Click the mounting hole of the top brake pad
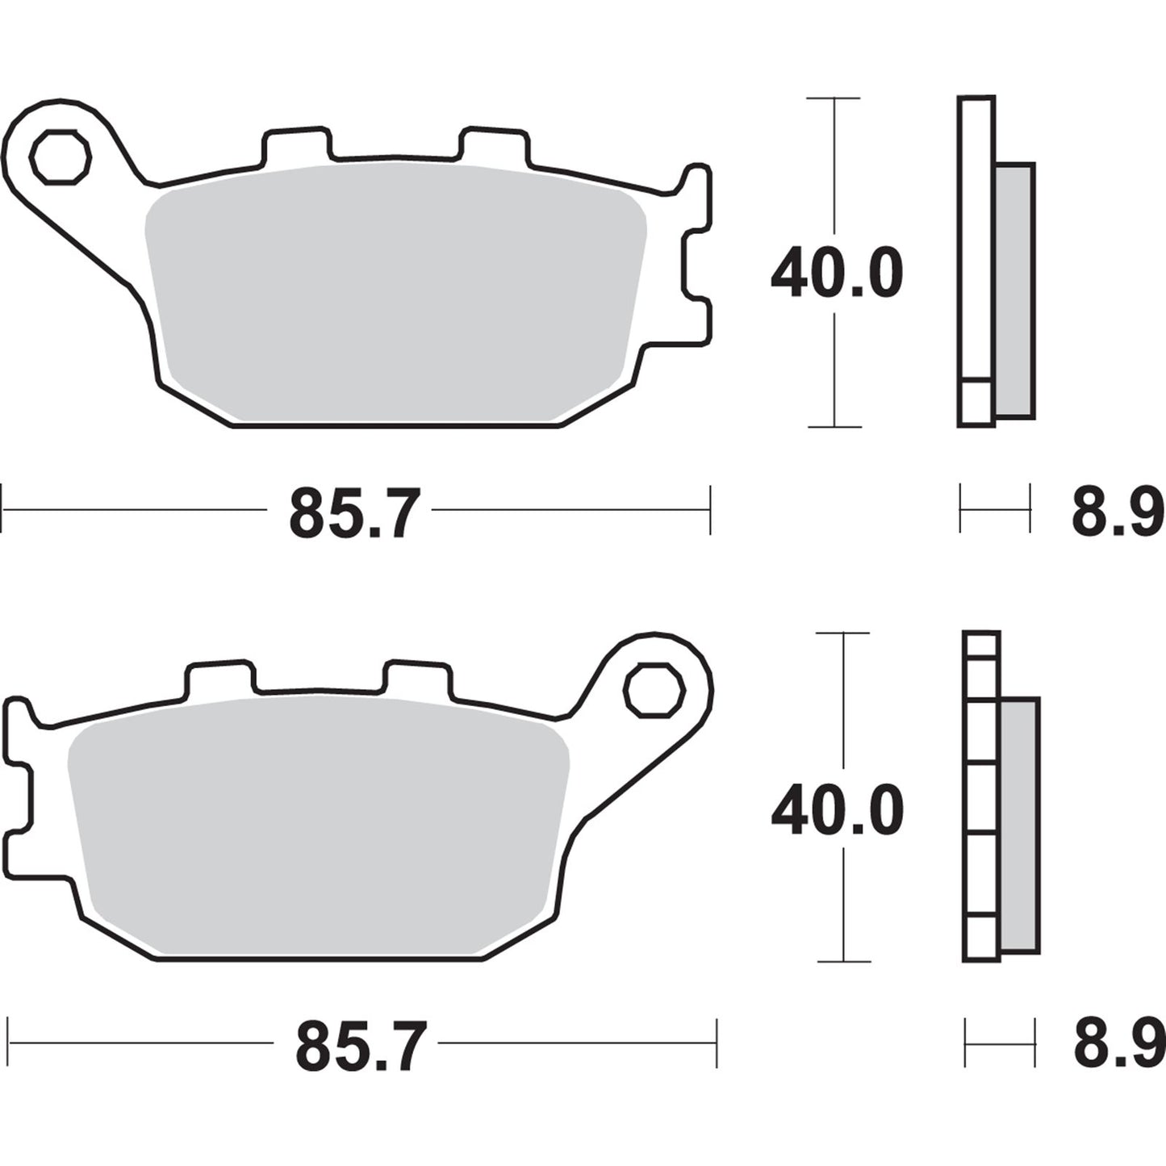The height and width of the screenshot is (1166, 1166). pyautogui.click(x=59, y=156)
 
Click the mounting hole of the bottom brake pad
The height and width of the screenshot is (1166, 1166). pyautogui.click(x=655, y=690)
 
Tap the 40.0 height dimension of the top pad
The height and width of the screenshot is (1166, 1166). pyautogui.click(x=836, y=274)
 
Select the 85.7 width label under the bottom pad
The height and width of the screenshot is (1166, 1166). pyautogui.click(x=360, y=1047)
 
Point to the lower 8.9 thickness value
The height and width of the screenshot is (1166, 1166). pyautogui.click(x=1118, y=1046)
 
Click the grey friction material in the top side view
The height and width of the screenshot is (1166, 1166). pyautogui.click(x=1014, y=290)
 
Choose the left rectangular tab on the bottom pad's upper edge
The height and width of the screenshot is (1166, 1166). pyautogui.click(x=219, y=678)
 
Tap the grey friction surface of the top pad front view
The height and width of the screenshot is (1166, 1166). pyautogui.click(x=395, y=290)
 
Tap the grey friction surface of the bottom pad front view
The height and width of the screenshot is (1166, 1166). pyautogui.click(x=320, y=823)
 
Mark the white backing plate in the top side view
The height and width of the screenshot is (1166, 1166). pyautogui.click(x=976, y=242)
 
